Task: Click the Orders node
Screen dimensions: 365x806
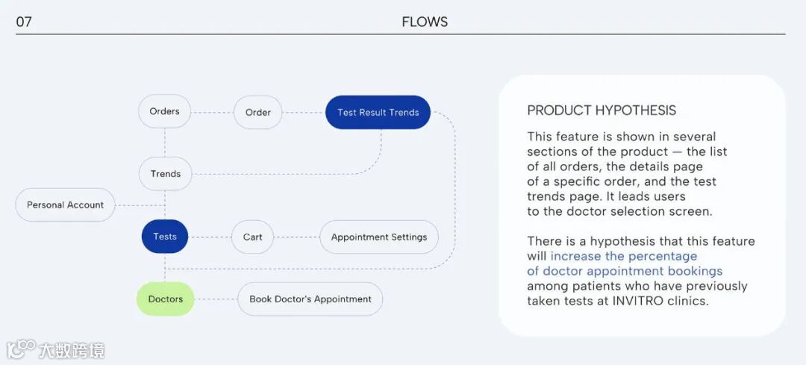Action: click(164, 112)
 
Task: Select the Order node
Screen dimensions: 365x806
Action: click(257, 113)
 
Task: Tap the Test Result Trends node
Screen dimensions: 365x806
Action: click(378, 113)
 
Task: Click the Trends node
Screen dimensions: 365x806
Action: click(165, 174)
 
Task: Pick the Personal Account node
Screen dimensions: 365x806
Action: click(66, 205)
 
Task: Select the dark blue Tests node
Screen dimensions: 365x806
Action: click(165, 237)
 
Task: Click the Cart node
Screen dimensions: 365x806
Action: click(252, 237)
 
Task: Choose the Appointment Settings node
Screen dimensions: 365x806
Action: click(379, 237)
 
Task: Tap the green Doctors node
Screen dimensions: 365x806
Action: click(165, 299)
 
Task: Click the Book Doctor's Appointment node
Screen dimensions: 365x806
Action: click(310, 299)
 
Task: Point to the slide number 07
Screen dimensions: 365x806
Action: click(24, 22)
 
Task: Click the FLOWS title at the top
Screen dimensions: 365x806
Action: click(425, 22)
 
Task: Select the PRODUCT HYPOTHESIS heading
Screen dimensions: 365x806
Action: click(602, 110)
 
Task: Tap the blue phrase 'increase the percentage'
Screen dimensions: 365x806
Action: click(624, 256)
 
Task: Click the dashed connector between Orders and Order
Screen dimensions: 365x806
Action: click(212, 113)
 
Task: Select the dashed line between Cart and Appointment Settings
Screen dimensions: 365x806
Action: click(296, 237)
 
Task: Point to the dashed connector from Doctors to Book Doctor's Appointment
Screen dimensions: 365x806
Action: click(216, 299)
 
